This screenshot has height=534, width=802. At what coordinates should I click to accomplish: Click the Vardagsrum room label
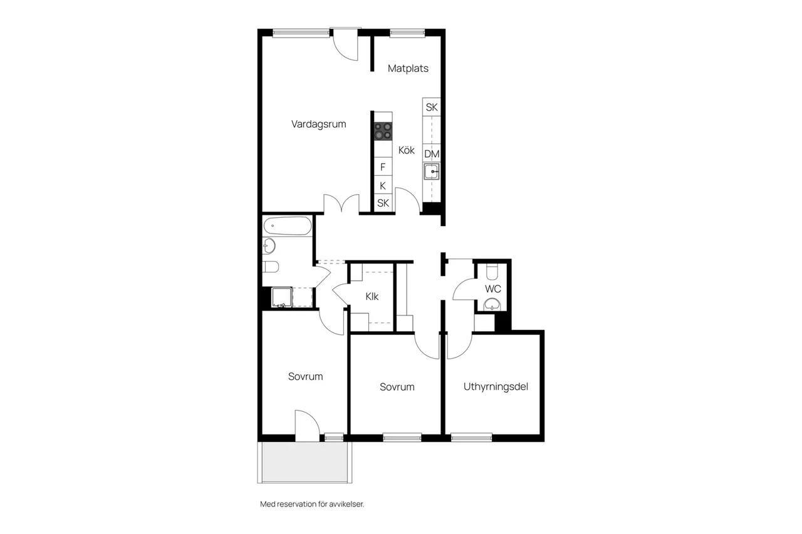tap(319, 125)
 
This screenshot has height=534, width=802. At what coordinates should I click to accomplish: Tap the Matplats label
tap(408, 68)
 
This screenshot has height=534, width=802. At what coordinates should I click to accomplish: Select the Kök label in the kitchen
tap(407, 150)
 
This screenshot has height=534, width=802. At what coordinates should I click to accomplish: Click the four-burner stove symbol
tap(383, 131)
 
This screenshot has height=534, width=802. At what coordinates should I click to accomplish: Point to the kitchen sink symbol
tap(432, 172)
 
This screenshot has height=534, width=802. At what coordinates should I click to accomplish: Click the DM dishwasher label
tap(432, 154)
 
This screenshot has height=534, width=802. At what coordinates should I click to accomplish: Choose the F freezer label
tap(383, 167)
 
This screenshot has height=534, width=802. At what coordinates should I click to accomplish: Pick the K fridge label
tap(383, 186)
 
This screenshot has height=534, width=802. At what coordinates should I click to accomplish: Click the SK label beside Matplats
tap(432, 107)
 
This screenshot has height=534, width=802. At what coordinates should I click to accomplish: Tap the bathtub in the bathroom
tap(288, 226)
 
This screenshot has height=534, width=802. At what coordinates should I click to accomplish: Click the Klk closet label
tap(372, 297)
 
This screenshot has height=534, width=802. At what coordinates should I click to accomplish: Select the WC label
tap(492, 289)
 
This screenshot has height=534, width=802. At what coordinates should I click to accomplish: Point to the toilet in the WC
tap(492, 272)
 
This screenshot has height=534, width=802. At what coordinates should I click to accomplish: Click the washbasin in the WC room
tap(492, 305)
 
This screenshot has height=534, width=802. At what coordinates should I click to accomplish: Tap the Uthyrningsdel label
tap(496, 387)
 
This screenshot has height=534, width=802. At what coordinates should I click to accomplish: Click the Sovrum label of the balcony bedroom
tap(305, 377)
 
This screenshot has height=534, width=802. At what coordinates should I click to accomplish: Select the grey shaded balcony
tap(305, 463)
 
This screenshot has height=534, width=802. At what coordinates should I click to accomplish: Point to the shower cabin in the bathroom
tap(282, 297)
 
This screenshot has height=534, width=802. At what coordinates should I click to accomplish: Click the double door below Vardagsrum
tap(341, 204)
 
